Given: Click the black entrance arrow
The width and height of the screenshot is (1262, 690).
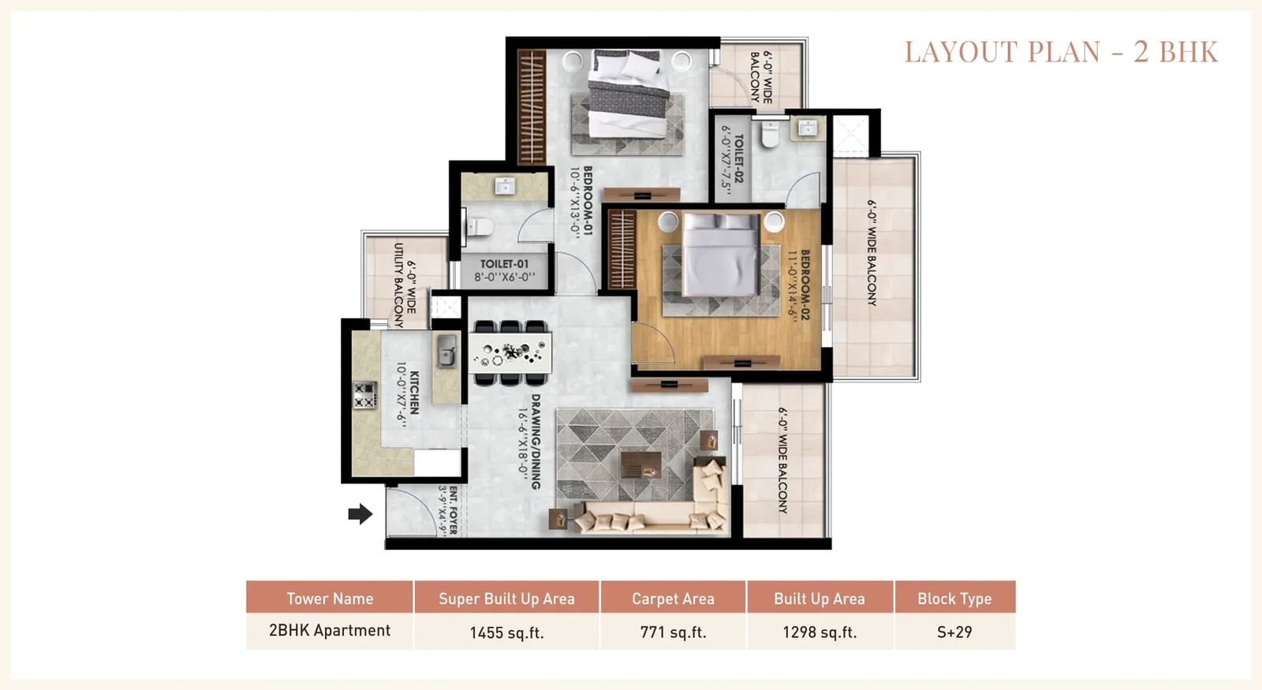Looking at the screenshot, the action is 360,513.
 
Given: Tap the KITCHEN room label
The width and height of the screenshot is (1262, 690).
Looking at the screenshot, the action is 414,393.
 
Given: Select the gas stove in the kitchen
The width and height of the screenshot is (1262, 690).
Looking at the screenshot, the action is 364,395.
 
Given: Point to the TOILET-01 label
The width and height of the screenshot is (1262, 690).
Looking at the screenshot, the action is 504,263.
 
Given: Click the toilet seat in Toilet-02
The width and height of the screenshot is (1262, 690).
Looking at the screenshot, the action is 770,134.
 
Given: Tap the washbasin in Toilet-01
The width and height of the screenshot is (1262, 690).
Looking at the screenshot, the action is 504,185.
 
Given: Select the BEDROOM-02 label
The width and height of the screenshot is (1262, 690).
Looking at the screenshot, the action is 805,285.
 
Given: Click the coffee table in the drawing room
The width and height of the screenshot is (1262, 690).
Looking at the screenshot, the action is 641,464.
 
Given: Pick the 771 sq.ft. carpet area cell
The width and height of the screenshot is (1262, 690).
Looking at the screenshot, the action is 673,632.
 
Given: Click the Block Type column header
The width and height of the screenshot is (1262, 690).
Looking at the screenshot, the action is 954,599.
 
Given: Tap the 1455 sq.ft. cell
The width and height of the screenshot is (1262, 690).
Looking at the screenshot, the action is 506,632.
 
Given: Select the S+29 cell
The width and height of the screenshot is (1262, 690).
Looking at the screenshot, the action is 954,632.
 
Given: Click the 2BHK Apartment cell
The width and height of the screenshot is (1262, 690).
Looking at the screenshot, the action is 330,630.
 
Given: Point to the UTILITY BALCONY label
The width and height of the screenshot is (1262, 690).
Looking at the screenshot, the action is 399,285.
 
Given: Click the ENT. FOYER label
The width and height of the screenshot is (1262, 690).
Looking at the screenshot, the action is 453,509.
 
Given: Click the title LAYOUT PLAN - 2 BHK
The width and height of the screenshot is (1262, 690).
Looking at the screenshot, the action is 1062,52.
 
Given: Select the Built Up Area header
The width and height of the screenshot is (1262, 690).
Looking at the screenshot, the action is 820,599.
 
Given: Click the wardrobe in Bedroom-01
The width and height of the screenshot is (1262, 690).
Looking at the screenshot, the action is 532,107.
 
